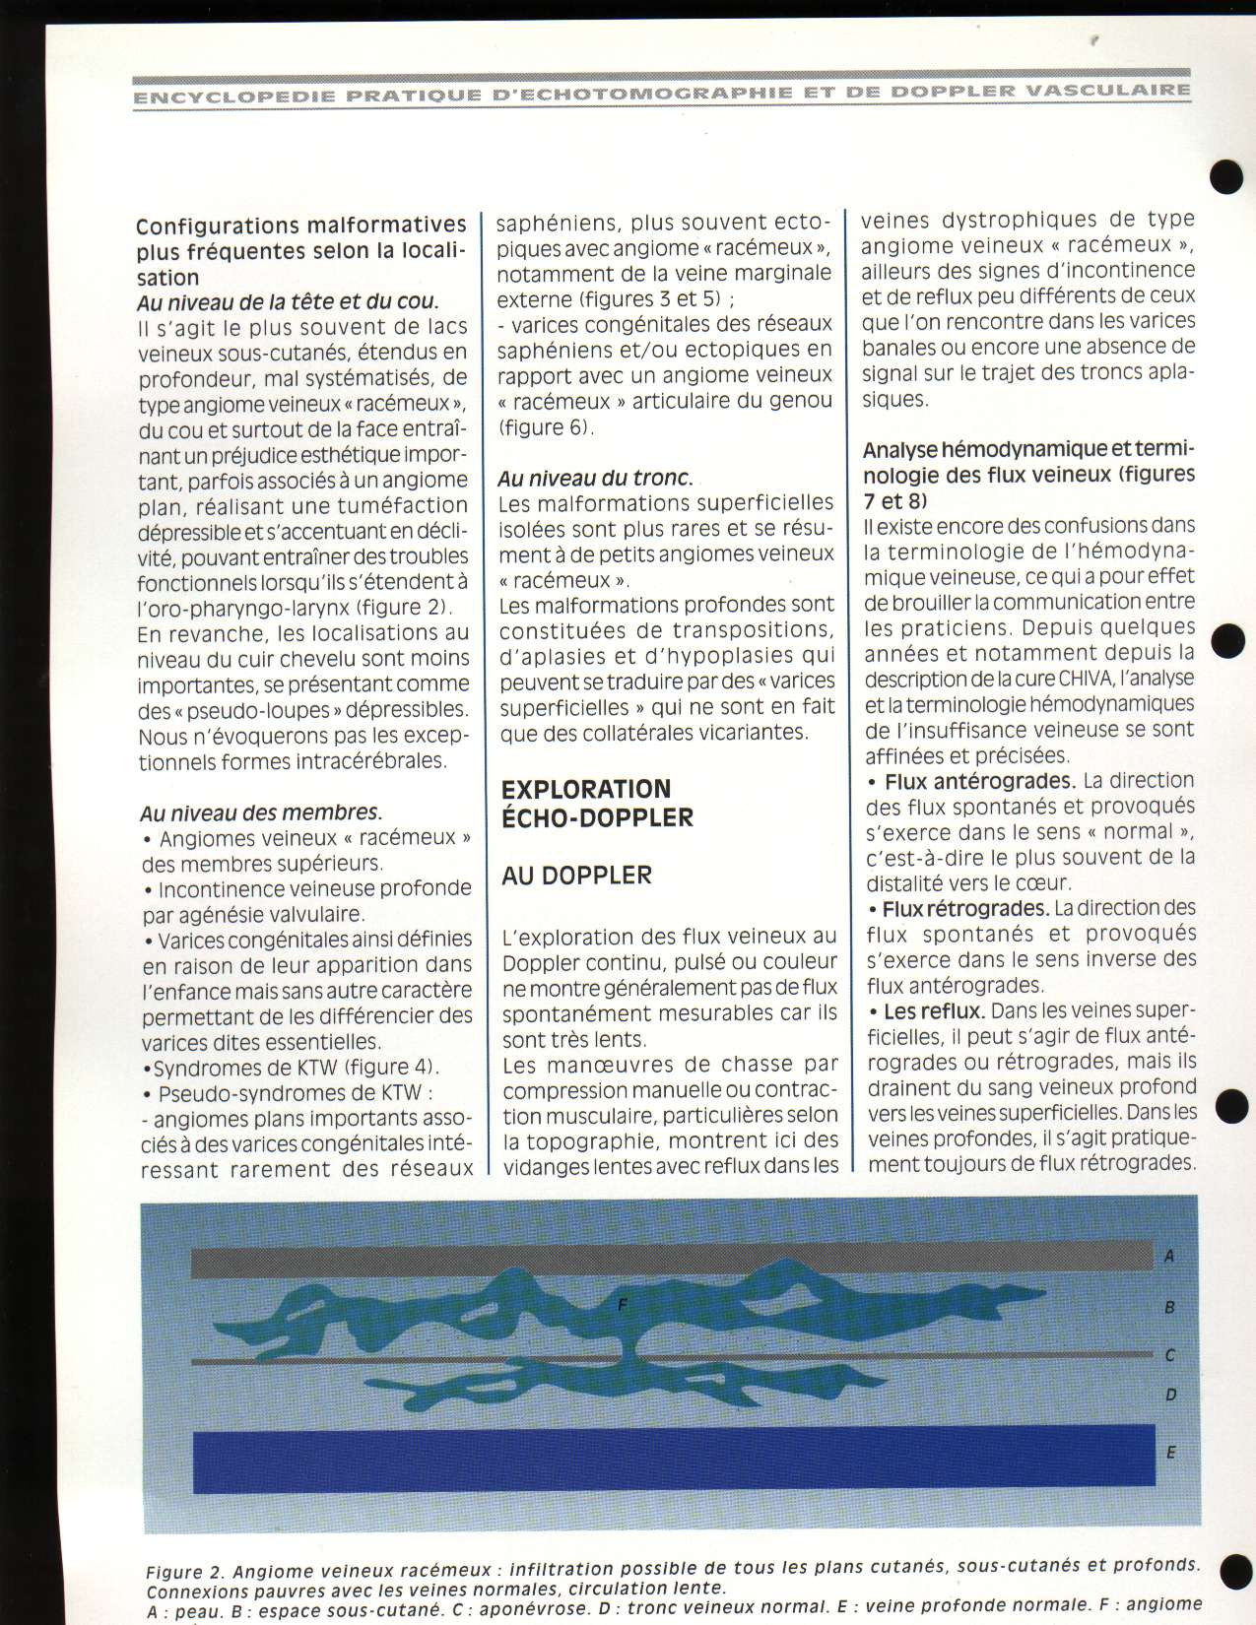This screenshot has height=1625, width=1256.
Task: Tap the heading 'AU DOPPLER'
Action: (x=576, y=876)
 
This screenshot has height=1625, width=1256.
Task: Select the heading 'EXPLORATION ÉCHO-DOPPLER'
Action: (x=597, y=803)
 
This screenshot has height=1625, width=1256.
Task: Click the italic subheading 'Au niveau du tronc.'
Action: (x=595, y=478)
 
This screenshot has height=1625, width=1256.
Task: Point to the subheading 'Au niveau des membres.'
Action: (x=261, y=812)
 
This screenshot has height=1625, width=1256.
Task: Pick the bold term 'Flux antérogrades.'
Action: (x=979, y=781)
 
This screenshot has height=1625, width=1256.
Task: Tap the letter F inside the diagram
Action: (x=622, y=1305)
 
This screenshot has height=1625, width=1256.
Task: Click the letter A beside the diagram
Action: (x=1169, y=1256)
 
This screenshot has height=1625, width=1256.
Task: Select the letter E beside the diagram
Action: (x=1170, y=1452)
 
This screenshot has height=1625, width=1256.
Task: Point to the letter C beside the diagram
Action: (x=1169, y=1355)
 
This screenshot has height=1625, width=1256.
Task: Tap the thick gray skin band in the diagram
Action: (x=670, y=1258)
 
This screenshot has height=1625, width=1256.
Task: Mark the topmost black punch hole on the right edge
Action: (x=1227, y=176)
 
